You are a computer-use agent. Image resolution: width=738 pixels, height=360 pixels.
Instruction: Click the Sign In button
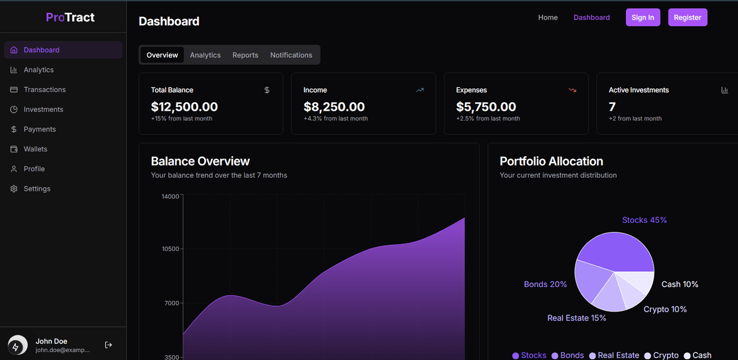pos(643,17)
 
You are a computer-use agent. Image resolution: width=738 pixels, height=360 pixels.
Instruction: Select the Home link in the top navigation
pos(547,17)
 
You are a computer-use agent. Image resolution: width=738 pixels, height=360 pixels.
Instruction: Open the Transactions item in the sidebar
pos(44,90)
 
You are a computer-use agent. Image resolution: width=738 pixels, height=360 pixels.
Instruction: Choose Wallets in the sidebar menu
pos(35,149)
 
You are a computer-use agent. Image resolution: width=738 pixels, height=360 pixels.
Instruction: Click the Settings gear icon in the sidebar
pos(14,189)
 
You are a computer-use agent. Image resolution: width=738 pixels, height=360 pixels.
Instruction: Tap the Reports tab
pos(245,55)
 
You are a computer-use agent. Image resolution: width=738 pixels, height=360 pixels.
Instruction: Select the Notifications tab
pos(291,55)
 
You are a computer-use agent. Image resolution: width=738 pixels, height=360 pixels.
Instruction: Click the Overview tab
pos(162,55)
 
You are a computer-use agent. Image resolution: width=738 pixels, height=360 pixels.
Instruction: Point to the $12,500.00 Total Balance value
pos(184,107)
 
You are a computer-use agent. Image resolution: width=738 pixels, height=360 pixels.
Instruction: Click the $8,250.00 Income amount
pos(334,107)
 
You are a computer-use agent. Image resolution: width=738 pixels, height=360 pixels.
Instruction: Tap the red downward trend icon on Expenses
pos(572,90)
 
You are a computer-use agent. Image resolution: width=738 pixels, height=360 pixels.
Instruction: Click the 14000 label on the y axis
pos(170,197)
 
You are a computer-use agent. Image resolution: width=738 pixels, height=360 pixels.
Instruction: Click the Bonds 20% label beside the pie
pos(545,284)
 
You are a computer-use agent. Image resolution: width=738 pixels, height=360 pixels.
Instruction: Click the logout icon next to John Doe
pos(108,345)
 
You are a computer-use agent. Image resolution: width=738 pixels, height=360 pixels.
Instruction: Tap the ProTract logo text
pos(70,17)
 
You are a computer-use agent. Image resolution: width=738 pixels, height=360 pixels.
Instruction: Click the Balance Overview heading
pos(200,161)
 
